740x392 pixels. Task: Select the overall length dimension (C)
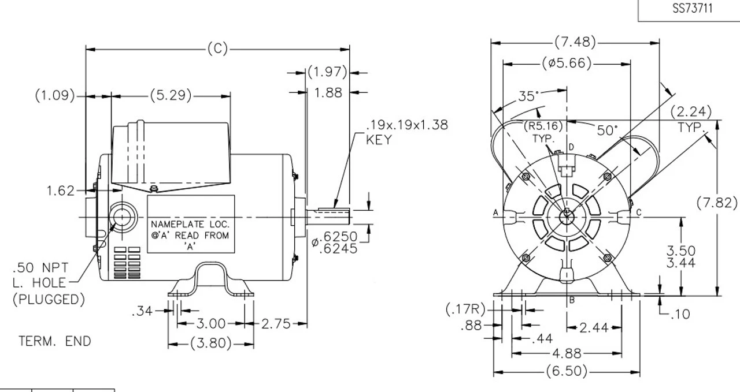tap(217, 49)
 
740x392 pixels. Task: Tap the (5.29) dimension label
tap(171, 95)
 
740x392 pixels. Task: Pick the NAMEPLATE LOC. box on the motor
tap(191, 225)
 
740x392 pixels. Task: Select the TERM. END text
tap(55, 341)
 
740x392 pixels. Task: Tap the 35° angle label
tap(526, 96)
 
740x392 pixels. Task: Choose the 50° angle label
tap(608, 130)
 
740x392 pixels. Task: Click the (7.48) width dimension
tap(575, 42)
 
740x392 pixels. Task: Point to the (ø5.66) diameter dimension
tap(567, 64)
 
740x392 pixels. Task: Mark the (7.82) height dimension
tap(717, 203)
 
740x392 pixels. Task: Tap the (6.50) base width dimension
tap(566, 371)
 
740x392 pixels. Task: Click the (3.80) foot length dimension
tap(210, 345)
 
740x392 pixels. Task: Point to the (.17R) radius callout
tap(465, 310)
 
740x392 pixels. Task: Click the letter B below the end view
tap(571, 300)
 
